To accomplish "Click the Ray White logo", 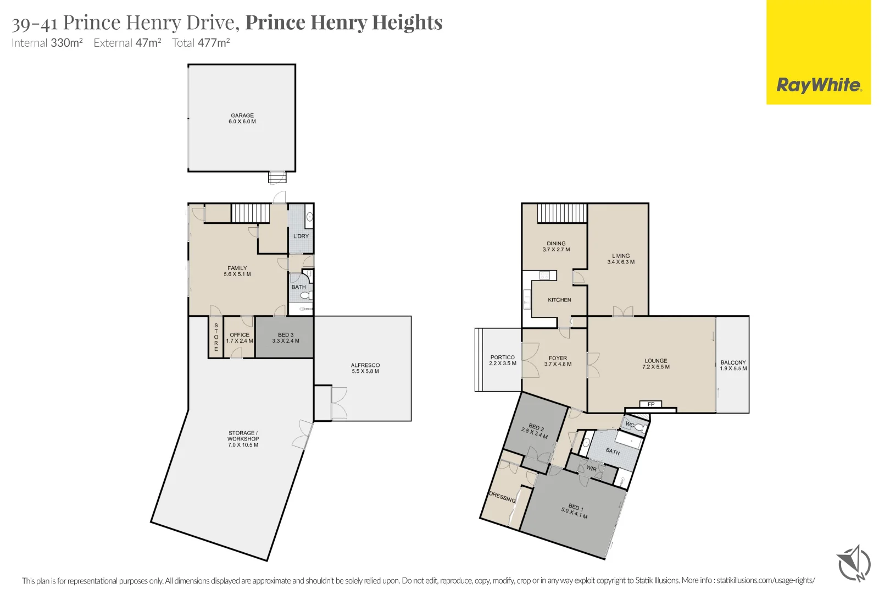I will tap(818, 85).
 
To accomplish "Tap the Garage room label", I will tap(242, 119).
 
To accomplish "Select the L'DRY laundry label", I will tap(301, 236).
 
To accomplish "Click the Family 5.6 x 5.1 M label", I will tap(237, 271).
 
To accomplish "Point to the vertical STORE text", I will tap(216, 338).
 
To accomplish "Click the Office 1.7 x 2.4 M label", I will tap(240, 338).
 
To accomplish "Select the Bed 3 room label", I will tap(286, 338).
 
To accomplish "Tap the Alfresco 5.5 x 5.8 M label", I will tap(365, 368).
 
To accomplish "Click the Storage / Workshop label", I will tap(243, 439).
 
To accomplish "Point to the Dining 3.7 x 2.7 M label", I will tap(556, 246).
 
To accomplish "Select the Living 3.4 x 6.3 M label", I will tap(621, 258).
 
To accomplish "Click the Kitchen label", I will tap(559, 300).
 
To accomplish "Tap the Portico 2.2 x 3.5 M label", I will tap(503, 360).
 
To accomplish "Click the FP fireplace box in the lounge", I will tap(651, 404).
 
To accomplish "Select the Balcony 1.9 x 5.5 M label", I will tap(733, 365).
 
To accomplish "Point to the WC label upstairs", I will tap(630, 425).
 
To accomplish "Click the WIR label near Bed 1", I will tap(591, 469).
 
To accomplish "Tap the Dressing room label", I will tap(502, 497).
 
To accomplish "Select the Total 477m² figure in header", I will tap(201, 43).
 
